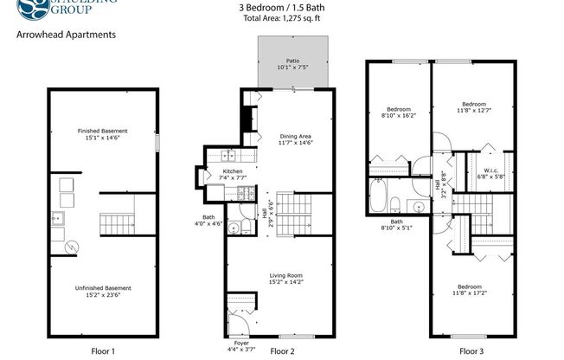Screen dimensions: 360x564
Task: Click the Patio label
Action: tap(292, 61)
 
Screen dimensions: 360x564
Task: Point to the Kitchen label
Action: tap(233, 171)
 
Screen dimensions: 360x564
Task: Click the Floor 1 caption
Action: tap(103, 351)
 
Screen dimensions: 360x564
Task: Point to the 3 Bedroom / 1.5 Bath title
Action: tap(281, 8)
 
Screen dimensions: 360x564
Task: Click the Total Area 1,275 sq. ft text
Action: tap(281, 17)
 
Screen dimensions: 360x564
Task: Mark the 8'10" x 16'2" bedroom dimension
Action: tap(398, 115)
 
